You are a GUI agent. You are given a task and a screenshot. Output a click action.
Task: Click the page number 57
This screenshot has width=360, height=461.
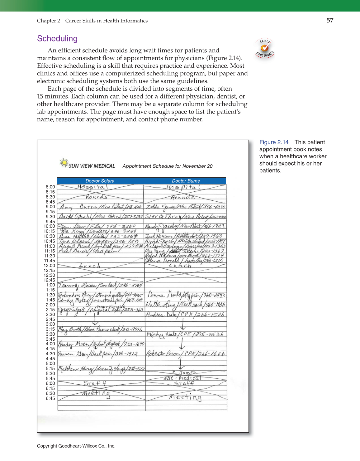tap(330, 20)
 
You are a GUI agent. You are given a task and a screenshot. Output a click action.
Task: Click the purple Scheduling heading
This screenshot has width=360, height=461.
tap(57, 39)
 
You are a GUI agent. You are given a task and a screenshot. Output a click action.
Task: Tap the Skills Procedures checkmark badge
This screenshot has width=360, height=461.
tap(265, 48)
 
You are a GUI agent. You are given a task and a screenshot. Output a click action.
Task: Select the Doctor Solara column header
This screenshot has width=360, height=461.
tap(100, 181)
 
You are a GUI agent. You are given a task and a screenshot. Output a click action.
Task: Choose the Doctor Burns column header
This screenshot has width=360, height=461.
tap(186, 181)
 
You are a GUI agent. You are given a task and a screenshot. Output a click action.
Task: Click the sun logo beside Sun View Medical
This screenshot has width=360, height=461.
tap(64, 163)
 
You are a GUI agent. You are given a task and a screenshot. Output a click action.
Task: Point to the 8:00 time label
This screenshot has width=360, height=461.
tap(50, 187)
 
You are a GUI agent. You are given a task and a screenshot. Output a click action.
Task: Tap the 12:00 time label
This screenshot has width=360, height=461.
tap(50, 266)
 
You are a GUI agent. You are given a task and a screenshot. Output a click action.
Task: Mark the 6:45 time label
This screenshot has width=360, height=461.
tap(50, 398)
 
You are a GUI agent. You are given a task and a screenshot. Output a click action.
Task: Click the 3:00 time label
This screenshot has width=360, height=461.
tap(50, 324)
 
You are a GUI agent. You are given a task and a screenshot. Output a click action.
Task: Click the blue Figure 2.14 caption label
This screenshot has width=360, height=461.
tap(274, 142)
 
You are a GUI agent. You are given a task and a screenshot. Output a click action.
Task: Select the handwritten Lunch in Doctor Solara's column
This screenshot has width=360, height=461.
tap(90, 266)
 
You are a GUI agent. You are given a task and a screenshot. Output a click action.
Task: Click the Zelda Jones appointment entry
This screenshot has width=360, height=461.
tap(186, 207)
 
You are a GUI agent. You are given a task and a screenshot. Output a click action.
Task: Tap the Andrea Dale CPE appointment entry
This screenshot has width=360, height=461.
tap(185, 315)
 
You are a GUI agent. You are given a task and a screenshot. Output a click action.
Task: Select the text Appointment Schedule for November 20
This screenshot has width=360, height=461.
tap(168, 166)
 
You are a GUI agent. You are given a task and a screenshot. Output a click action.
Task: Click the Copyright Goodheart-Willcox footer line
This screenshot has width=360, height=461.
tap(76, 446)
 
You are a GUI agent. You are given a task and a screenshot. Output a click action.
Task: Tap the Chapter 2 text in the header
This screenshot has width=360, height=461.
tap(49, 21)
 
